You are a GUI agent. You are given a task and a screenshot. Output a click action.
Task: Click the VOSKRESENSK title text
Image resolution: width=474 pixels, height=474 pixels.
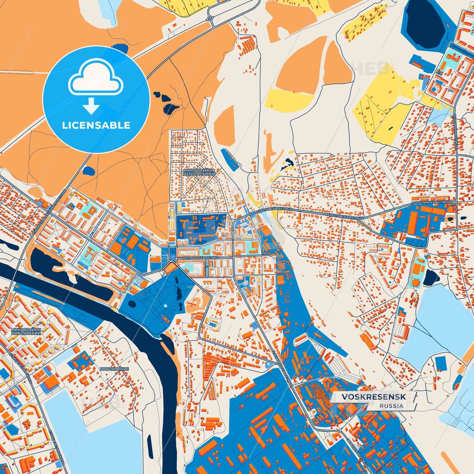tap(374, 397)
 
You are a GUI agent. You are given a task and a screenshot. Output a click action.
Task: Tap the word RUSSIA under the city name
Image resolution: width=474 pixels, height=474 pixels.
tap(392, 406)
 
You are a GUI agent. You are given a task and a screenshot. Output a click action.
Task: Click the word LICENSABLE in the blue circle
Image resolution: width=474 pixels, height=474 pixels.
tap(96, 125)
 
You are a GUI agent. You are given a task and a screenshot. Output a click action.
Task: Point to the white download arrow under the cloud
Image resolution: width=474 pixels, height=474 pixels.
tap(91, 106)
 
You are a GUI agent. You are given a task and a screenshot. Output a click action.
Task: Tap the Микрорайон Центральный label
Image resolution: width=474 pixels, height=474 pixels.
tap(199, 172)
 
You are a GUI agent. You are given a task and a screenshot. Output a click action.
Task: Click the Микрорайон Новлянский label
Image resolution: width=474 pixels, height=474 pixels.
tap(26, 331)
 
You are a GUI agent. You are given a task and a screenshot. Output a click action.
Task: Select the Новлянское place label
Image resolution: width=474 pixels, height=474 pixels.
tap(114, 369)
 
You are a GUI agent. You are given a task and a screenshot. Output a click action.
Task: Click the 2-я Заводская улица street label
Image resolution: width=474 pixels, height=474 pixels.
tap(281, 367)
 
